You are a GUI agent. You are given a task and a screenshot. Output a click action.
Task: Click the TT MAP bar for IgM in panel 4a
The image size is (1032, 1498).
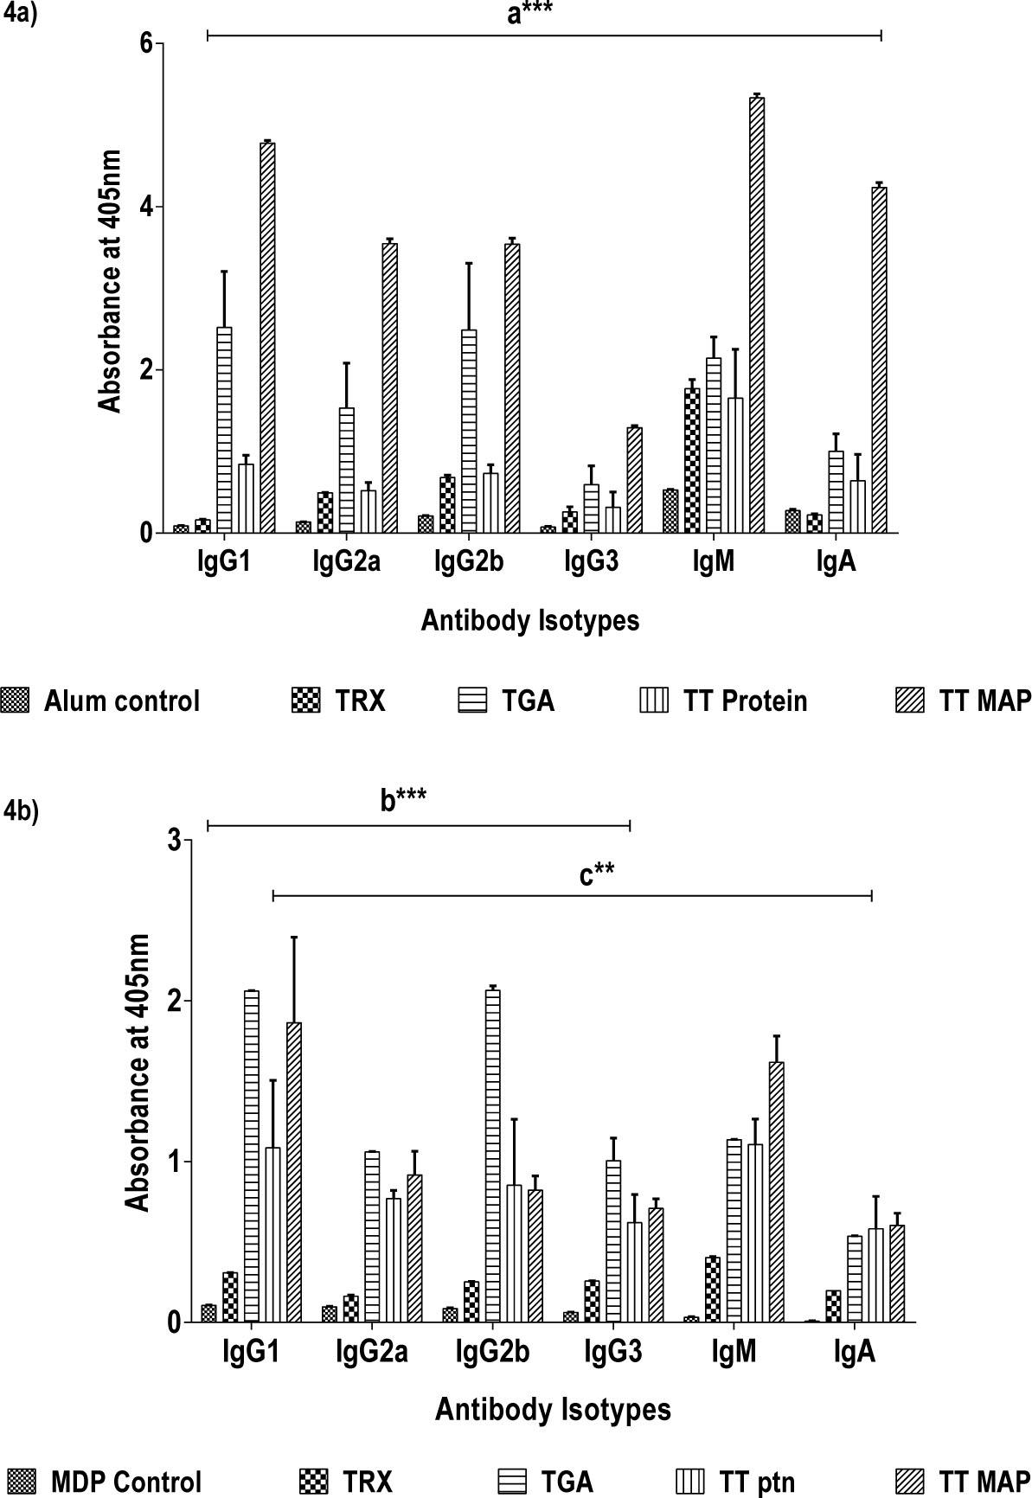tap(757, 315)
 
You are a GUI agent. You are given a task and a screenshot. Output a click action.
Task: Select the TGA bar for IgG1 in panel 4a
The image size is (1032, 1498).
tap(224, 429)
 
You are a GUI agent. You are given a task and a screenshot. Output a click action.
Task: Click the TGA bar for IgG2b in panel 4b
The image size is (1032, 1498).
tap(492, 1156)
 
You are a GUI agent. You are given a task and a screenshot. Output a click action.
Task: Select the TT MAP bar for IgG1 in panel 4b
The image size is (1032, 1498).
tap(293, 1172)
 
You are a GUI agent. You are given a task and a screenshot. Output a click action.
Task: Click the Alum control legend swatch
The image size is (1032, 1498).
tap(16, 700)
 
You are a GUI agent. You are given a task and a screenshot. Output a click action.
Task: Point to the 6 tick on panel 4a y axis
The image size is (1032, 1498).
tap(147, 42)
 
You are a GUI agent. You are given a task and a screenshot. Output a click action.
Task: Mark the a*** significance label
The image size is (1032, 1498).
tap(529, 14)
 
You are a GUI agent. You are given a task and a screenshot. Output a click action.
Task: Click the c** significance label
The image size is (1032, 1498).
tap(597, 875)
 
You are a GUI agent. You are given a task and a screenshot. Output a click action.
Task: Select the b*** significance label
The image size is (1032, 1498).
tap(403, 801)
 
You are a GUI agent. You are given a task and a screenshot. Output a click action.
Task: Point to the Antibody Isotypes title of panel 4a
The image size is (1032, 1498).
tap(529, 620)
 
